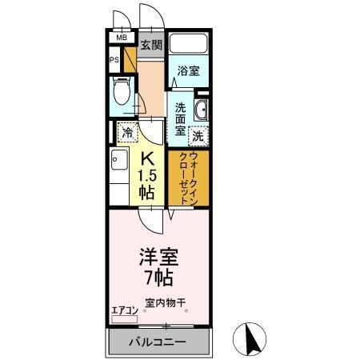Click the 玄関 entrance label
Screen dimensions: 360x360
151,44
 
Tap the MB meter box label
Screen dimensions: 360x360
122,38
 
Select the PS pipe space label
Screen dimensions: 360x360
114,58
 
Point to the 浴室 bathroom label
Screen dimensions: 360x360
188,70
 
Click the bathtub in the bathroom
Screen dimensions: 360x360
189,45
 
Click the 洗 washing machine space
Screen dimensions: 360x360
197,135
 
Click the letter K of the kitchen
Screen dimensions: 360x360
147,160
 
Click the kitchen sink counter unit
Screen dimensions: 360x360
119,176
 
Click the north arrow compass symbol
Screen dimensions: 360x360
252,339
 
